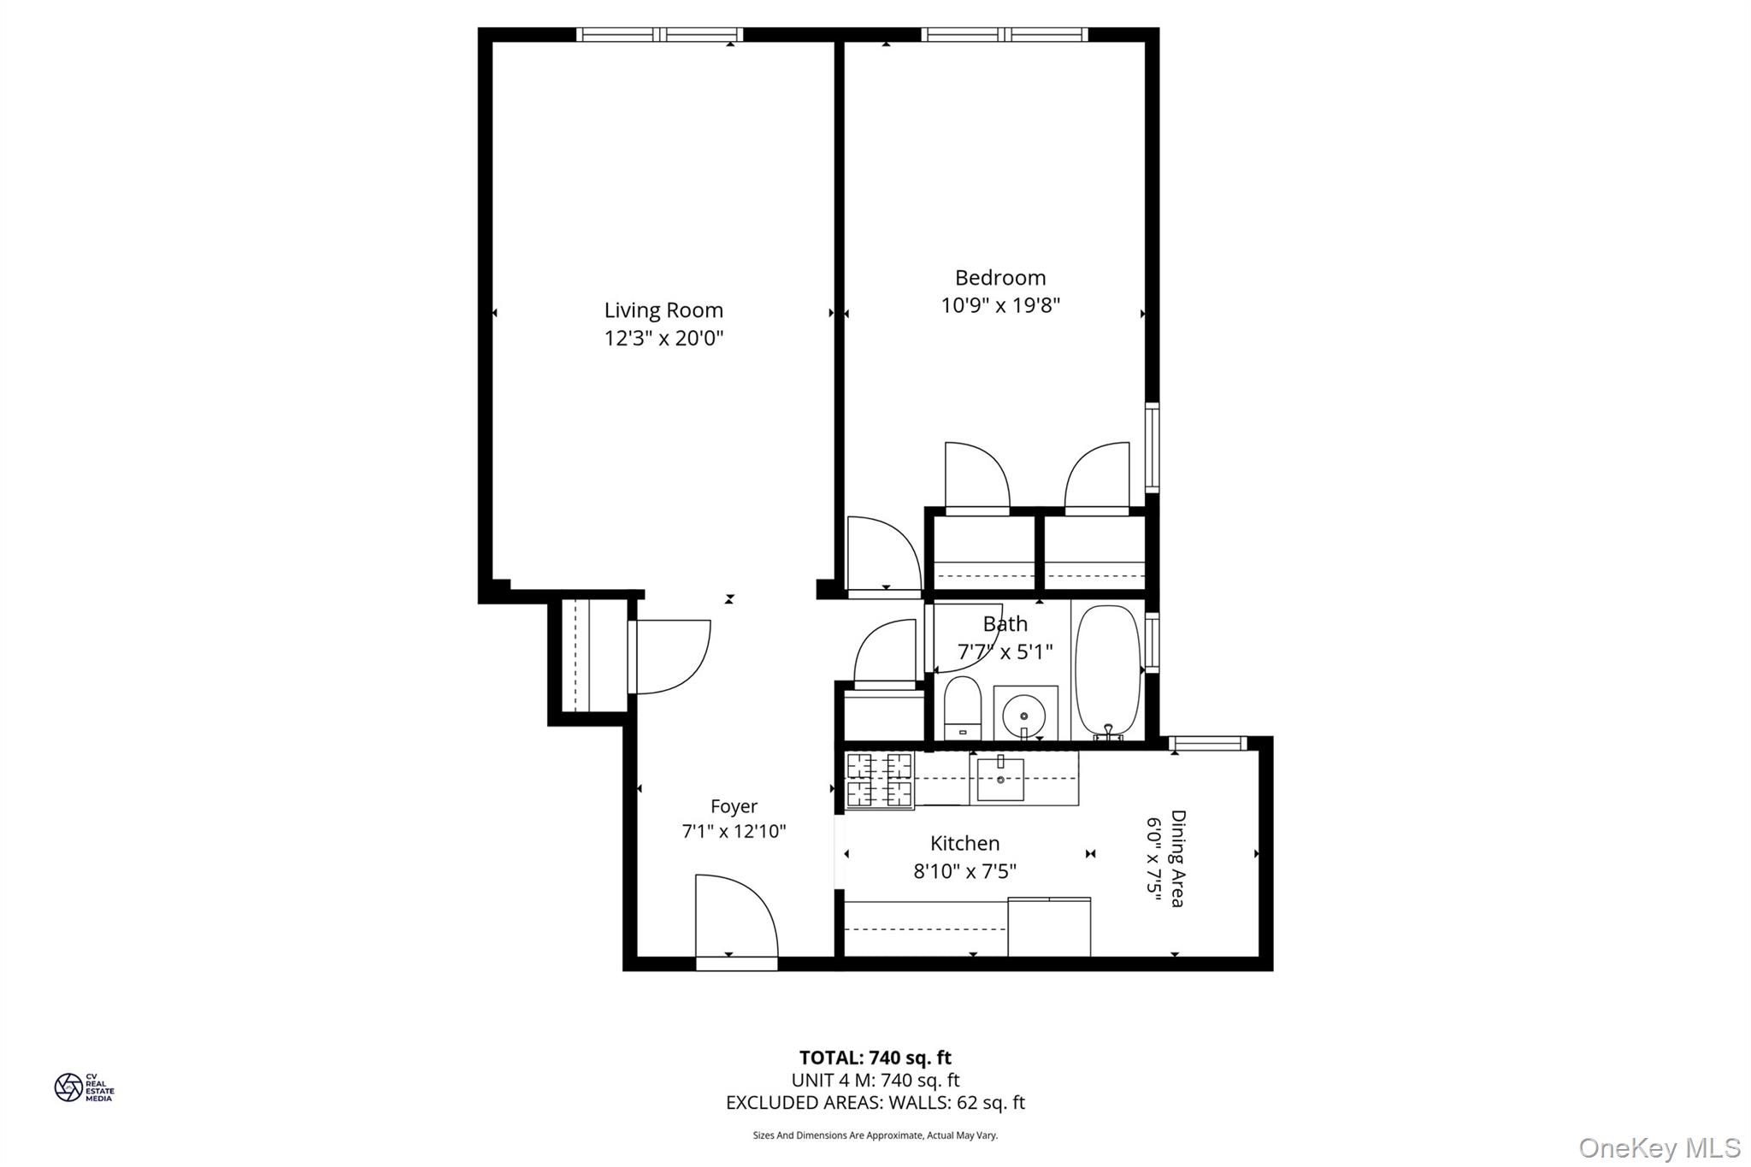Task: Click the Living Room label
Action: point(663,310)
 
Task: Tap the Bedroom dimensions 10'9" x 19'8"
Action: point(1000,306)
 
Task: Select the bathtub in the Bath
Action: point(1107,671)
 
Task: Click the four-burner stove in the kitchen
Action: point(879,780)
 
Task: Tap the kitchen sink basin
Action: point(999,779)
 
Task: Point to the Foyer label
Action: point(734,806)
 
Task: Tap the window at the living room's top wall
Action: point(659,35)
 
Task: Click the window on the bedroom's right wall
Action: point(1152,447)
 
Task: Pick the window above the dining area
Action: point(1208,744)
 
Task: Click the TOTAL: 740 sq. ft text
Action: point(875,1058)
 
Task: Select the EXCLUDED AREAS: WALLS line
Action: point(875,1103)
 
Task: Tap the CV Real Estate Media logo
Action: point(83,1087)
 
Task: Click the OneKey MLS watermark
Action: point(1659,1147)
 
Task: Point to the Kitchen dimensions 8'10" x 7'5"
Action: point(964,871)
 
